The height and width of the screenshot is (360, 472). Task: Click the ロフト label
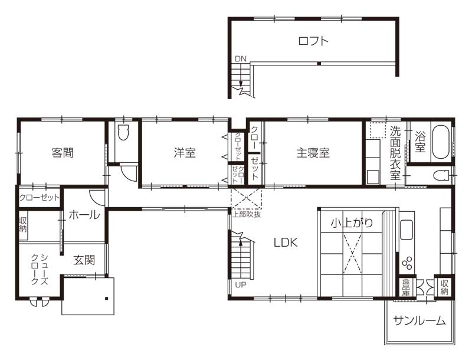[313, 41]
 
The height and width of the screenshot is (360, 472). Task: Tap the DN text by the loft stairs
[241, 59]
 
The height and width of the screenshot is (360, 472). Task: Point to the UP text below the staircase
[241, 284]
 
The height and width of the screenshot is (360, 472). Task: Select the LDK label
[286, 243]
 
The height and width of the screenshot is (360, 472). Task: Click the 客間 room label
[63, 153]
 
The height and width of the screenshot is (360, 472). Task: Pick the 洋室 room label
[185, 153]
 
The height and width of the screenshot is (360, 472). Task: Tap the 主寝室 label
[313, 153]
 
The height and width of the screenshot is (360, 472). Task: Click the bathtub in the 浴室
[441, 141]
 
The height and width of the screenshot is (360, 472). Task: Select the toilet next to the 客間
[123, 132]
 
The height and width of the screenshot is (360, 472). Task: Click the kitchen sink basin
[407, 230]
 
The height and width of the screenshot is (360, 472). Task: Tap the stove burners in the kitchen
[408, 263]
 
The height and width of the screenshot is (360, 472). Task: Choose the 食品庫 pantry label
[406, 287]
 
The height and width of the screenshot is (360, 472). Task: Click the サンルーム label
[419, 321]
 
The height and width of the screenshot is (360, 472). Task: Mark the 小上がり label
[352, 222]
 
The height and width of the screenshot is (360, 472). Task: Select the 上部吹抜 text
[247, 214]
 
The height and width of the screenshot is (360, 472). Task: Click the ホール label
[84, 215]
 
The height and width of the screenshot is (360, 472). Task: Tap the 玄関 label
[84, 260]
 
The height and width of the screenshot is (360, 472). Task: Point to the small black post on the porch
[106, 299]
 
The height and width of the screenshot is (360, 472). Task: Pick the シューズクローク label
[40, 269]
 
